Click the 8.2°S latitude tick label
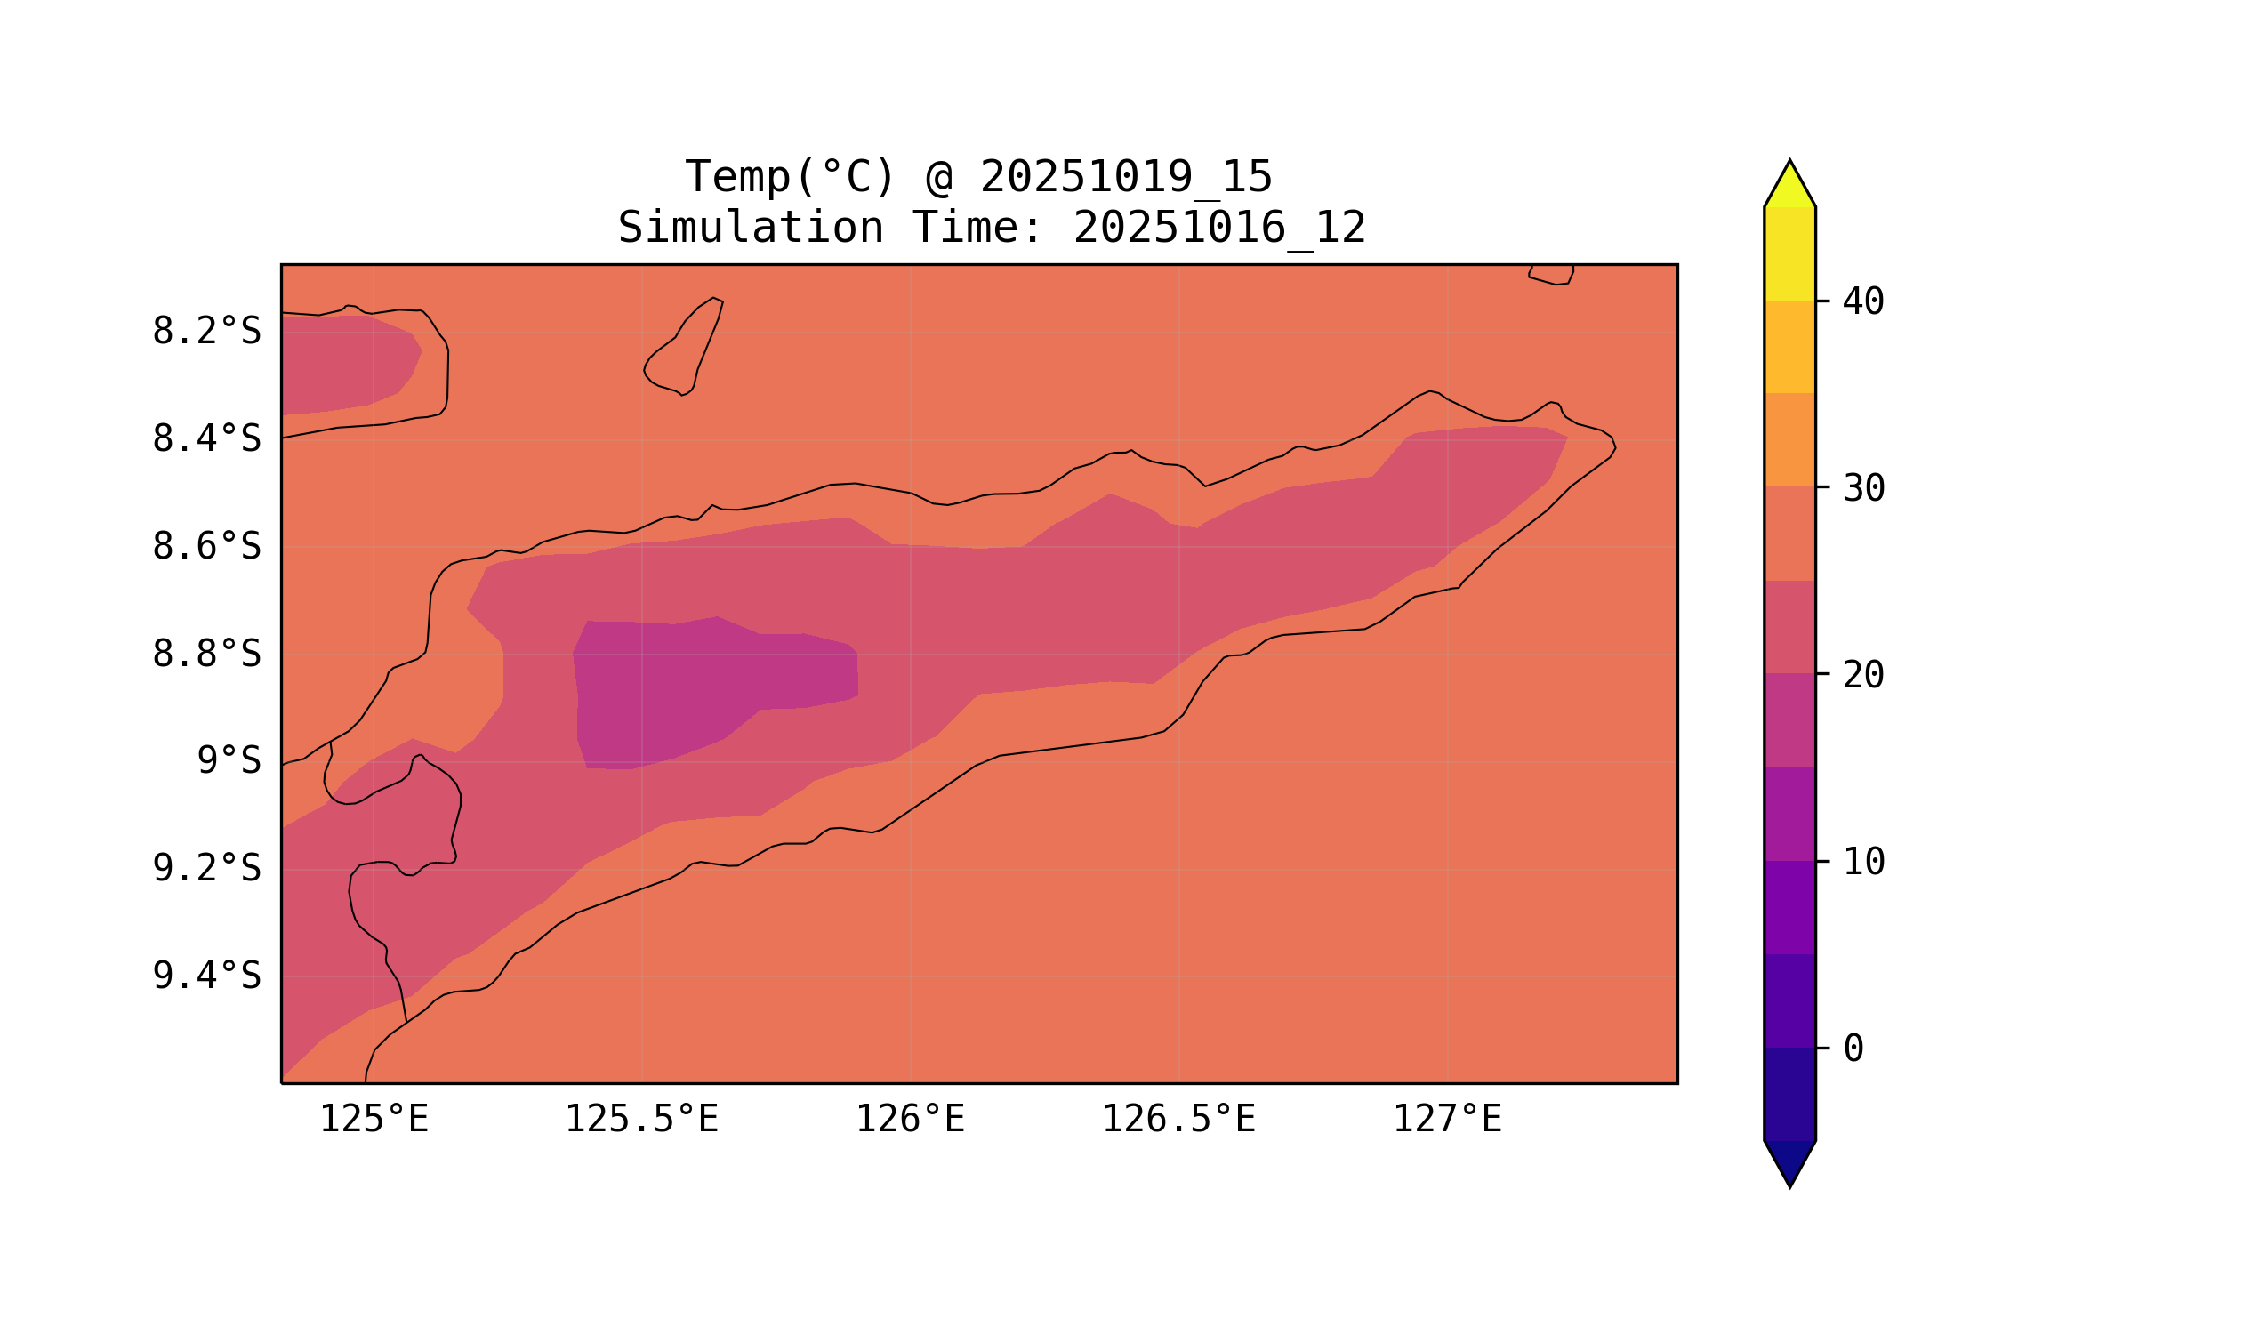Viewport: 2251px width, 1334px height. (205, 332)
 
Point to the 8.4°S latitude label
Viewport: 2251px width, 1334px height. (205, 439)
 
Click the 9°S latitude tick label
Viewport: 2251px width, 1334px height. (229, 761)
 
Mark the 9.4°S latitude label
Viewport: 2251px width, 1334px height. (205, 976)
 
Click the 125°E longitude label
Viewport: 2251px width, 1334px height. (374, 1120)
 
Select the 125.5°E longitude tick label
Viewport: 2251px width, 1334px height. (641, 1120)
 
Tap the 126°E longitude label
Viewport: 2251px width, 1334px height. (910, 1120)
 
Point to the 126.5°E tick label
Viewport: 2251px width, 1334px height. (1178, 1120)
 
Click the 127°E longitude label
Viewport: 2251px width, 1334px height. (1446, 1120)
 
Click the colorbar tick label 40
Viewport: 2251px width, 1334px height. (1862, 303)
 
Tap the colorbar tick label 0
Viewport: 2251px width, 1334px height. (1853, 1049)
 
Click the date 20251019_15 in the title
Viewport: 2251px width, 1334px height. (1126, 177)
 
